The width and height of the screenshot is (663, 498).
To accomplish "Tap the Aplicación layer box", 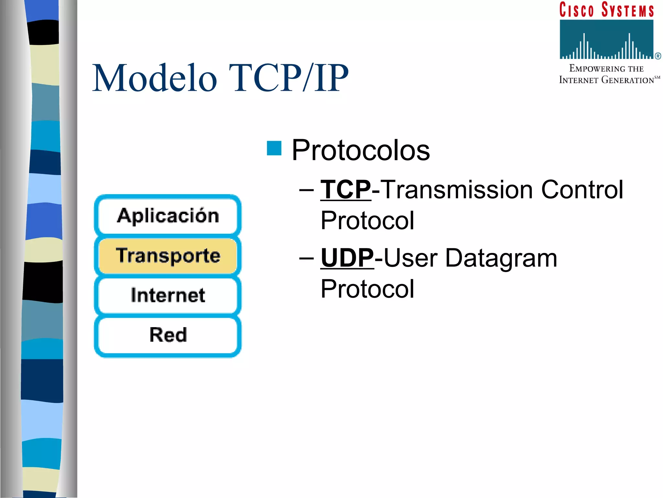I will pyautogui.click(x=168, y=216).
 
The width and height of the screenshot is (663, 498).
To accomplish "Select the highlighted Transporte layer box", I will pyautogui.click(x=168, y=255).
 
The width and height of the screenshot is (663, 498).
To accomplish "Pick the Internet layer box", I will pyautogui.click(x=168, y=295).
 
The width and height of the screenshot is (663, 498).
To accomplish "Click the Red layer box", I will pyautogui.click(x=168, y=335).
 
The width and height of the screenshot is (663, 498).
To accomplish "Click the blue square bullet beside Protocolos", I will pyautogui.click(x=274, y=148).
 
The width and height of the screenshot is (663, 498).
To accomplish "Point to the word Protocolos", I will pyautogui.click(x=360, y=150).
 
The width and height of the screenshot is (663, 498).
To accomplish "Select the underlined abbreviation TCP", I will pyautogui.click(x=345, y=190).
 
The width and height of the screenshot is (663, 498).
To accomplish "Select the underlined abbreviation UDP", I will pyautogui.click(x=347, y=258).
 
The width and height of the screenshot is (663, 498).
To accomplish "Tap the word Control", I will pyautogui.click(x=582, y=190).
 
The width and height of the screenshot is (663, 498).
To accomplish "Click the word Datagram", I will pyautogui.click(x=501, y=258).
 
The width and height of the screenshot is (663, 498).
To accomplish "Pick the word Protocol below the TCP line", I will pyautogui.click(x=367, y=221).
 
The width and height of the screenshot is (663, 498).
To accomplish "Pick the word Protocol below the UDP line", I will pyautogui.click(x=367, y=289).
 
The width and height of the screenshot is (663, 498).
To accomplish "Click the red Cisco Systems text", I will pyautogui.click(x=606, y=10).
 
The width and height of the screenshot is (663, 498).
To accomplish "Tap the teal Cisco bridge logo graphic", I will pyautogui.click(x=606, y=39).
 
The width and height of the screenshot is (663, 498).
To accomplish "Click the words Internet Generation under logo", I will pyautogui.click(x=606, y=80).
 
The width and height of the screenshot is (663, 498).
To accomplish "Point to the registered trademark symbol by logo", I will pyautogui.click(x=658, y=56).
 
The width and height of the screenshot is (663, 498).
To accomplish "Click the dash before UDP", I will pyautogui.click(x=306, y=258).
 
